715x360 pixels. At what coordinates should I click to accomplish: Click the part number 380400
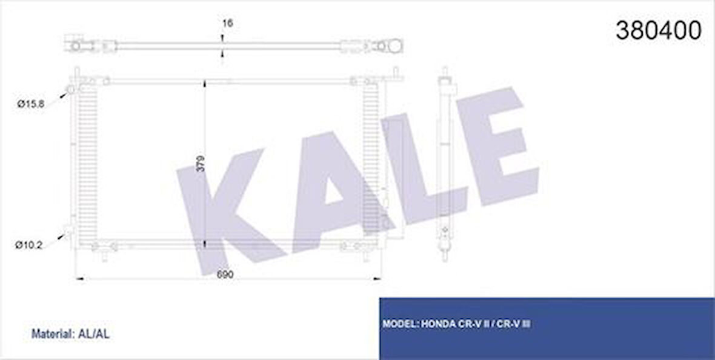point(658,30)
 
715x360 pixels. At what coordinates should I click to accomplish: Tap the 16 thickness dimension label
point(227,23)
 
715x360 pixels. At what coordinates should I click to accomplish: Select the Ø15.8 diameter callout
point(31,104)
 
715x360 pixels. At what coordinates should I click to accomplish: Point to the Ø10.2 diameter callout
point(28,245)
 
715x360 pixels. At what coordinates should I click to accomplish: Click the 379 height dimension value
point(200,164)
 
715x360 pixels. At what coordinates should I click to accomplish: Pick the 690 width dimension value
point(225,274)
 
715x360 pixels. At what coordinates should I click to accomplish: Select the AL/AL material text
point(93,333)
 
